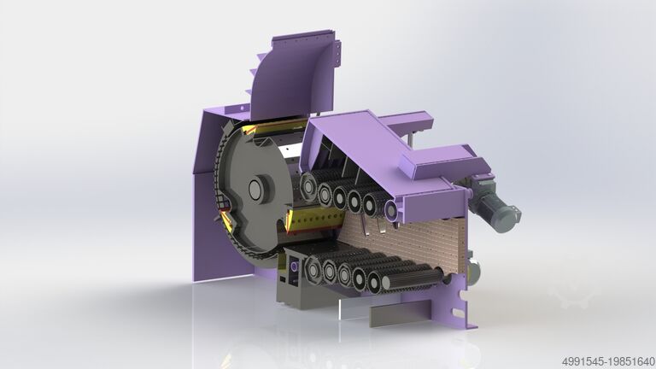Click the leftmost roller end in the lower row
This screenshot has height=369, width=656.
pyautogui.click(x=313, y=270)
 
